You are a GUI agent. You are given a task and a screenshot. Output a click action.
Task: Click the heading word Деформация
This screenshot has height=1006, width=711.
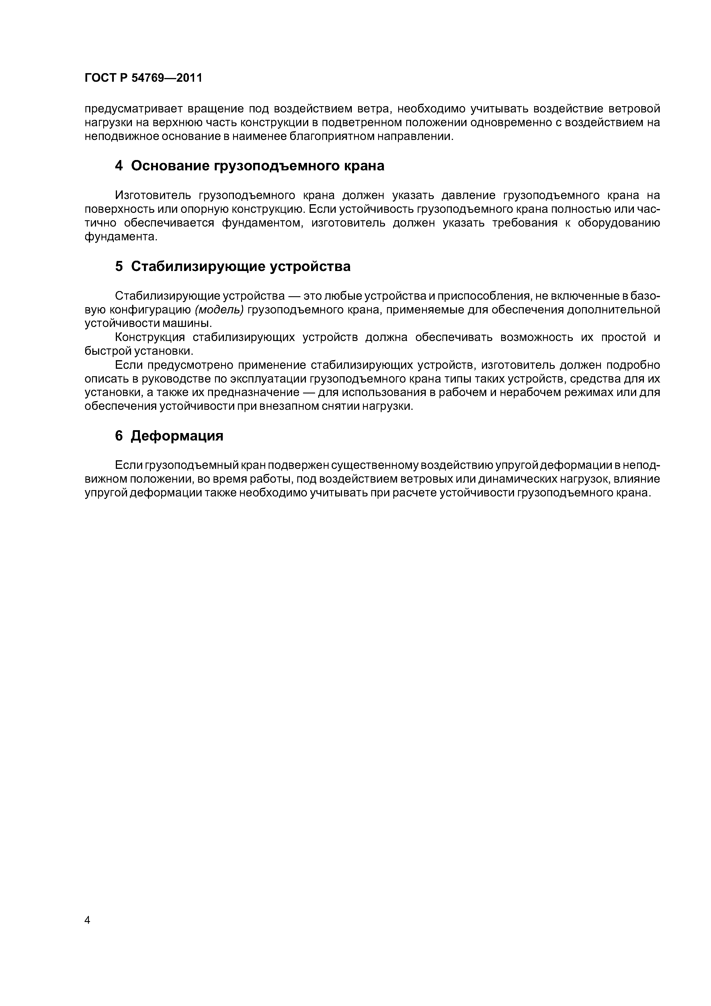177,436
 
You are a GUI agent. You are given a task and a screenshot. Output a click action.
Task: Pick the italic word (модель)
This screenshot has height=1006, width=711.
219,310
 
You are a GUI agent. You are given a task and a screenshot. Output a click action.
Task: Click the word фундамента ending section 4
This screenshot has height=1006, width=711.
120,237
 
